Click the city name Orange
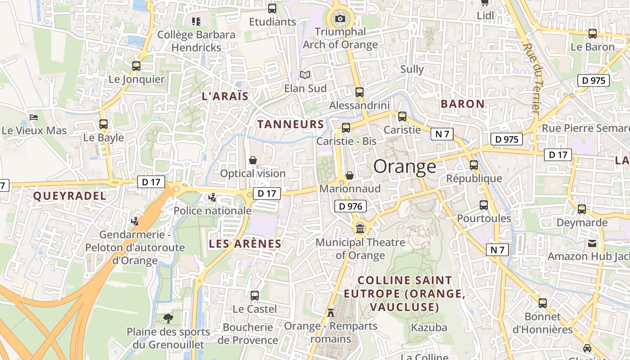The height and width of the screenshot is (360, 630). pos(405,166)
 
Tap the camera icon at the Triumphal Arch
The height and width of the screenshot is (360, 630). pos(341,18)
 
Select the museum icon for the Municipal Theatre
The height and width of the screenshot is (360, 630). pos(360,229)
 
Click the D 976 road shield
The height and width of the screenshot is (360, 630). pos(351,207)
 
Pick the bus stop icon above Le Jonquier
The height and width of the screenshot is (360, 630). pos(136,66)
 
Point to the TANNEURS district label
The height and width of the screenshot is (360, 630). pos(291,124)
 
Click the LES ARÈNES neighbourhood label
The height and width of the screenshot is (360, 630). pos(245,244)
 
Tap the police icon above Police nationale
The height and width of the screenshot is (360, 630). pos(212,197)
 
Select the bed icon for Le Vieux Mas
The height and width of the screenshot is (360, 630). pos(34,117)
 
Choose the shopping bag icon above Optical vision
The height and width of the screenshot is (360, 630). pos(253,160)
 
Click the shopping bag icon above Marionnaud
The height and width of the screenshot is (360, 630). pos(350,175)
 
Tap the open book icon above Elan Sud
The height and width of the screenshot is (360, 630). pos(305,75)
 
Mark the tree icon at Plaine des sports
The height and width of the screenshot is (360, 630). pos(168,319)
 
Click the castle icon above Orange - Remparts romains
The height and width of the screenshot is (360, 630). pos(331,312)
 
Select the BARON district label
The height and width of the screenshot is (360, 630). pos(463,104)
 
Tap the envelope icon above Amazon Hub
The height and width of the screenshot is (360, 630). pos(592,243)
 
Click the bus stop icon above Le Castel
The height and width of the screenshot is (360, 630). pos(255,296)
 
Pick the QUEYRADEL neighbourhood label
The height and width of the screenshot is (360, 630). pos(70,196)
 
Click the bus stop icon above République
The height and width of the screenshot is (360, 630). pos(474,165)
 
